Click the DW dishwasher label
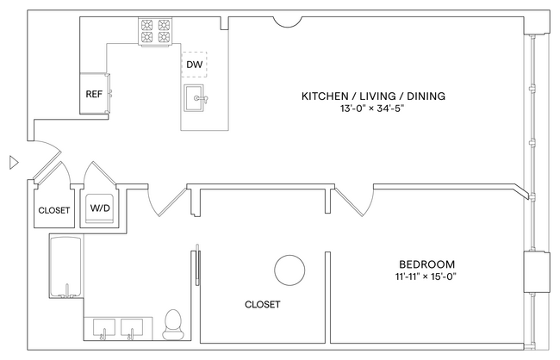pyautogui.click(x=194, y=64)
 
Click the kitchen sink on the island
pyautogui.click(x=196, y=99)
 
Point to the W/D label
pyautogui.click(x=100, y=208)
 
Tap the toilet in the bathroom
pyautogui.click(x=172, y=324)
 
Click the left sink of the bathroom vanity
pyautogui.click(x=103, y=328)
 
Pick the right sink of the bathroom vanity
pyautogui.click(x=134, y=328)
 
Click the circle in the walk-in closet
pyautogui.click(x=289, y=270)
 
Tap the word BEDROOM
pyautogui.click(x=426, y=264)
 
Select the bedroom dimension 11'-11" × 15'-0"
pyautogui.click(x=426, y=277)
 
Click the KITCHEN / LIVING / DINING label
pyautogui.click(x=372, y=96)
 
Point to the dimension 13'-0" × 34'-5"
pyautogui.click(x=372, y=109)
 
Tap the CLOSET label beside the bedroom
pyautogui.click(x=262, y=305)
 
